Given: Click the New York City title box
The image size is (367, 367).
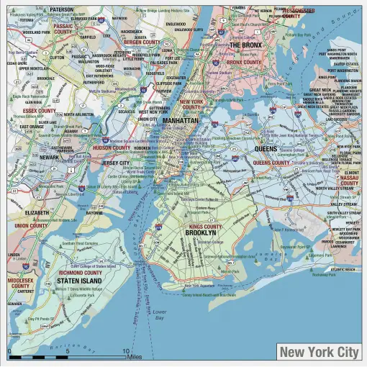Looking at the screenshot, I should pyautogui.click(x=318, y=352).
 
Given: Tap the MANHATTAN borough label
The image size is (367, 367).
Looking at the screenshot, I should pyautogui.click(x=179, y=121).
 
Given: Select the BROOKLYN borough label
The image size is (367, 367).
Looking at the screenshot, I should pyautogui.click(x=200, y=233).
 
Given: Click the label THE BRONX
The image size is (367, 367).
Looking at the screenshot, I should pyautogui.click(x=245, y=45).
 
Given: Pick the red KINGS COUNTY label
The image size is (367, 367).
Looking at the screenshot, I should pyautogui.click(x=206, y=226).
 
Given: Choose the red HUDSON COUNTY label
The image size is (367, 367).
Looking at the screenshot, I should pyautogui.click(x=112, y=148).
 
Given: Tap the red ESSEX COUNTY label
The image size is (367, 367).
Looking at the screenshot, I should pyautogui.click(x=39, y=111).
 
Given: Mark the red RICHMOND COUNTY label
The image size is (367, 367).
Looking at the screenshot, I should pyautogui.click(x=80, y=273).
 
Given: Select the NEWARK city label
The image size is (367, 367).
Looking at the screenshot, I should pyautogui.click(x=50, y=157).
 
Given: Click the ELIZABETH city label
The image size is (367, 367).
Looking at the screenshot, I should pyautogui.click(x=37, y=213).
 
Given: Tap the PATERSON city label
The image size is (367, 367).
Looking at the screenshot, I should pyautogui.click(x=62, y=10).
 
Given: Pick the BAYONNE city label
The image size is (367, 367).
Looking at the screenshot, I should pyautogui.click(x=94, y=213).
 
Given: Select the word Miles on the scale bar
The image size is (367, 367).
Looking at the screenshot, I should pyautogui.click(x=135, y=356).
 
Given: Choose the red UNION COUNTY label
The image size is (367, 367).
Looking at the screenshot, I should pyautogui.click(x=31, y=225).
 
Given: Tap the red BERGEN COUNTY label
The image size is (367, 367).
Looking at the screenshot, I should pyautogui.click(x=142, y=42).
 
